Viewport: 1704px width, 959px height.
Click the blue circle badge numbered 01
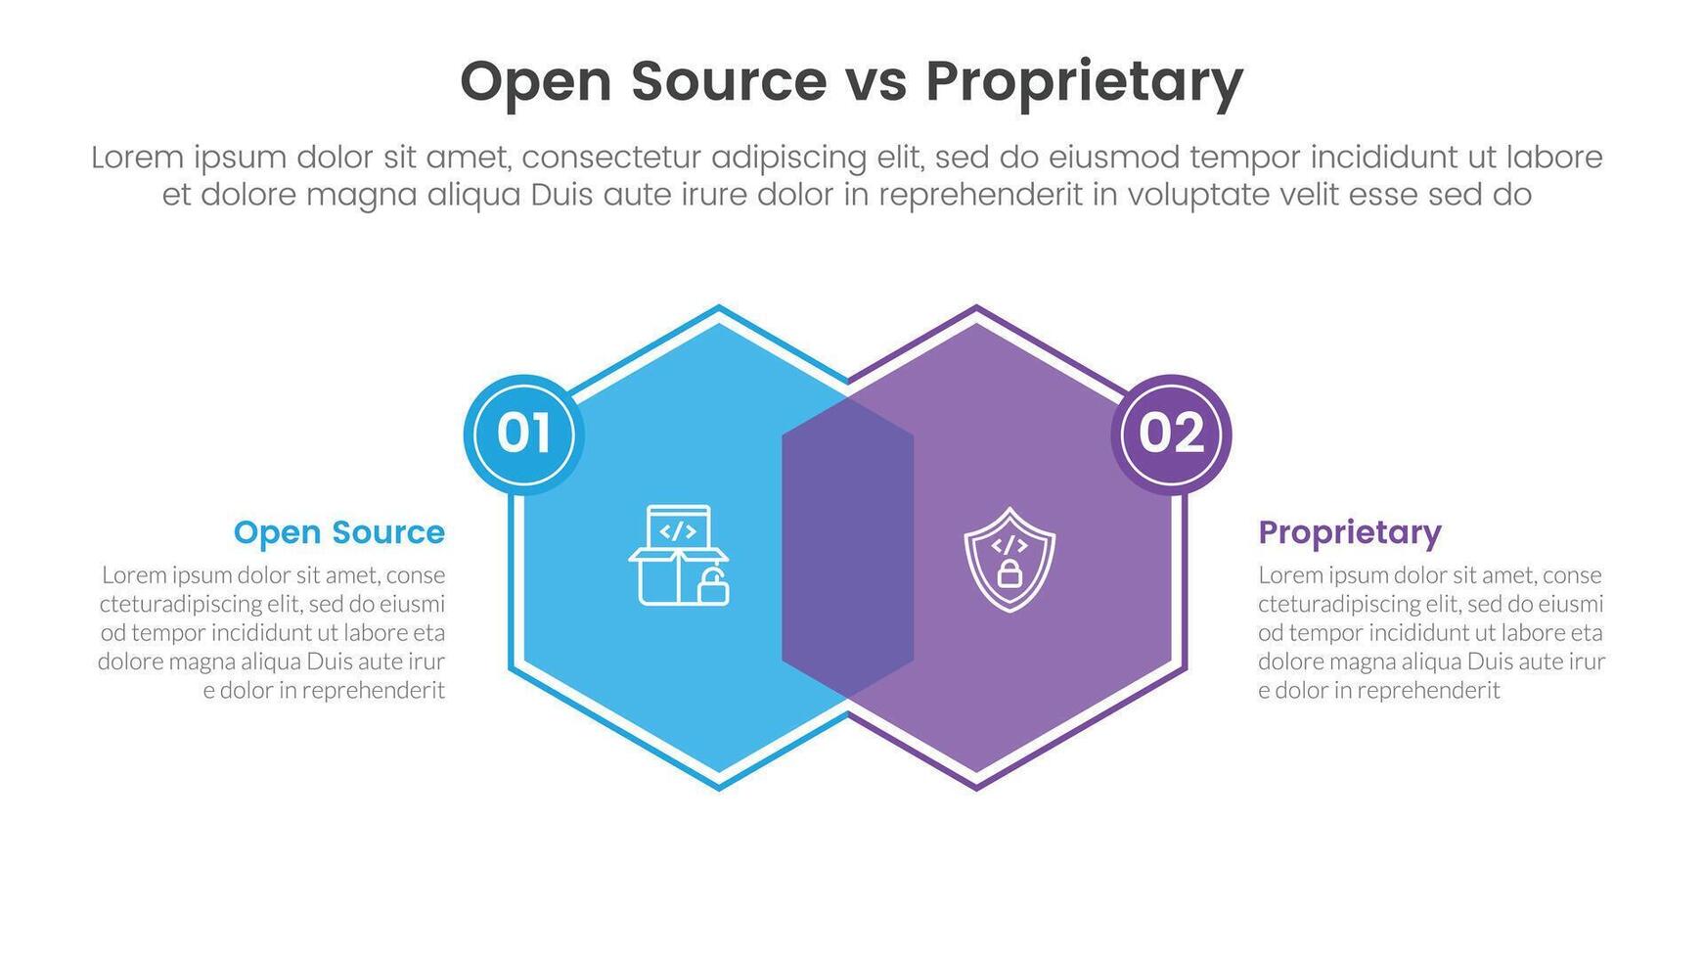[x=523, y=434]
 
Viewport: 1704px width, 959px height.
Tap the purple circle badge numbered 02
[x=1171, y=434]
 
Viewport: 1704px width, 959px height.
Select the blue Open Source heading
[x=338, y=532]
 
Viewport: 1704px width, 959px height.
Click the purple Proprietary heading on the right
[x=1349, y=532]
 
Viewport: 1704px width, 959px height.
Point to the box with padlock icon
[x=679, y=556]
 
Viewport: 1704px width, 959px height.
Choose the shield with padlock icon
[x=1009, y=560]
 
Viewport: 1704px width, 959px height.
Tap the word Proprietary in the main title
[x=1084, y=81]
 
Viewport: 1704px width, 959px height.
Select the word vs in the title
[x=875, y=81]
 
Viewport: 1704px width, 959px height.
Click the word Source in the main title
[x=729, y=81]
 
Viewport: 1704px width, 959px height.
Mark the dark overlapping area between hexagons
[x=847, y=548]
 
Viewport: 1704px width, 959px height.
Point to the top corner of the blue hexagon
[x=719, y=309]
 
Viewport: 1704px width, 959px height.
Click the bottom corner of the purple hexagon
[x=976, y=787]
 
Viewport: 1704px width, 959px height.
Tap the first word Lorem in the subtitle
[x=137, y=158]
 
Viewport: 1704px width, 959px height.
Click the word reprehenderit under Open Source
[x=373, y=691]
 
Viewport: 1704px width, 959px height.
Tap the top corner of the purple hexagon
[x=976, y=309]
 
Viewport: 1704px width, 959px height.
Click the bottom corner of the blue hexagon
[x=719, y=787]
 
